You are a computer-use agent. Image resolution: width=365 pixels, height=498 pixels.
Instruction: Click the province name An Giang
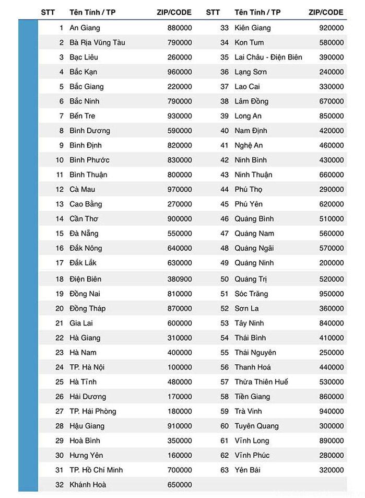point(85,28)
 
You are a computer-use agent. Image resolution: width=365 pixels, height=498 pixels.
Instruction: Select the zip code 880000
point(180,28)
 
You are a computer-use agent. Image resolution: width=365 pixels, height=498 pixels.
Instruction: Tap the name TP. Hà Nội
point(87,367)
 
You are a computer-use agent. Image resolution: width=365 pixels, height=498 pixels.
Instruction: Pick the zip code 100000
point(180,367)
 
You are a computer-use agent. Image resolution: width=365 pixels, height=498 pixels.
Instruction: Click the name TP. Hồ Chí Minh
point(96,470)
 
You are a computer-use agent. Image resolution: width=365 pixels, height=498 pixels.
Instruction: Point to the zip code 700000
point(180,470)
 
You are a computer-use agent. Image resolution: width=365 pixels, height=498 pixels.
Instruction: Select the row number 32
point(59,484)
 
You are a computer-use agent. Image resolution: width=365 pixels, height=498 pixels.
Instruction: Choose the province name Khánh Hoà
point(88,484)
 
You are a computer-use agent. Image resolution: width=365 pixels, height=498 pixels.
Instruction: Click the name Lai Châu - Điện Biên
point(268,57)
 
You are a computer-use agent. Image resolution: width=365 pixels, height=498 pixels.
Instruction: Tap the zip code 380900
point(180,279)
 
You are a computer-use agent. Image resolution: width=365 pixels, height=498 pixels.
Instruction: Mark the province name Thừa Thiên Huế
point(261,382)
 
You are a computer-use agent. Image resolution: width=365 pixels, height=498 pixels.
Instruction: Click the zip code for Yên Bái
point(332,470)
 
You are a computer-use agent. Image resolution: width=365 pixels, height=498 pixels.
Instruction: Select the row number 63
point(225,470)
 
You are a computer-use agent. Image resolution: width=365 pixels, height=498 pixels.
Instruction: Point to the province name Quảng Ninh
point(254,263)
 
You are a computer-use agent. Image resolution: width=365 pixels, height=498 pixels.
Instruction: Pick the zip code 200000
point(332,263)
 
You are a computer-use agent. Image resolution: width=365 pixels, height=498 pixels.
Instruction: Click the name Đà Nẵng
point(84,233)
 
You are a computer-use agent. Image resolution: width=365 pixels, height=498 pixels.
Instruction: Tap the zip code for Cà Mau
point(180,189)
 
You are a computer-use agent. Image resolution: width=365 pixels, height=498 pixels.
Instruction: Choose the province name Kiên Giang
point(253,28)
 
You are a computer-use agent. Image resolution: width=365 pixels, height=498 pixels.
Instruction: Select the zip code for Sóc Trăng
point(332,294)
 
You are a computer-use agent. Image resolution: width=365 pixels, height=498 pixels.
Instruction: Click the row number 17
point(59,263)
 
